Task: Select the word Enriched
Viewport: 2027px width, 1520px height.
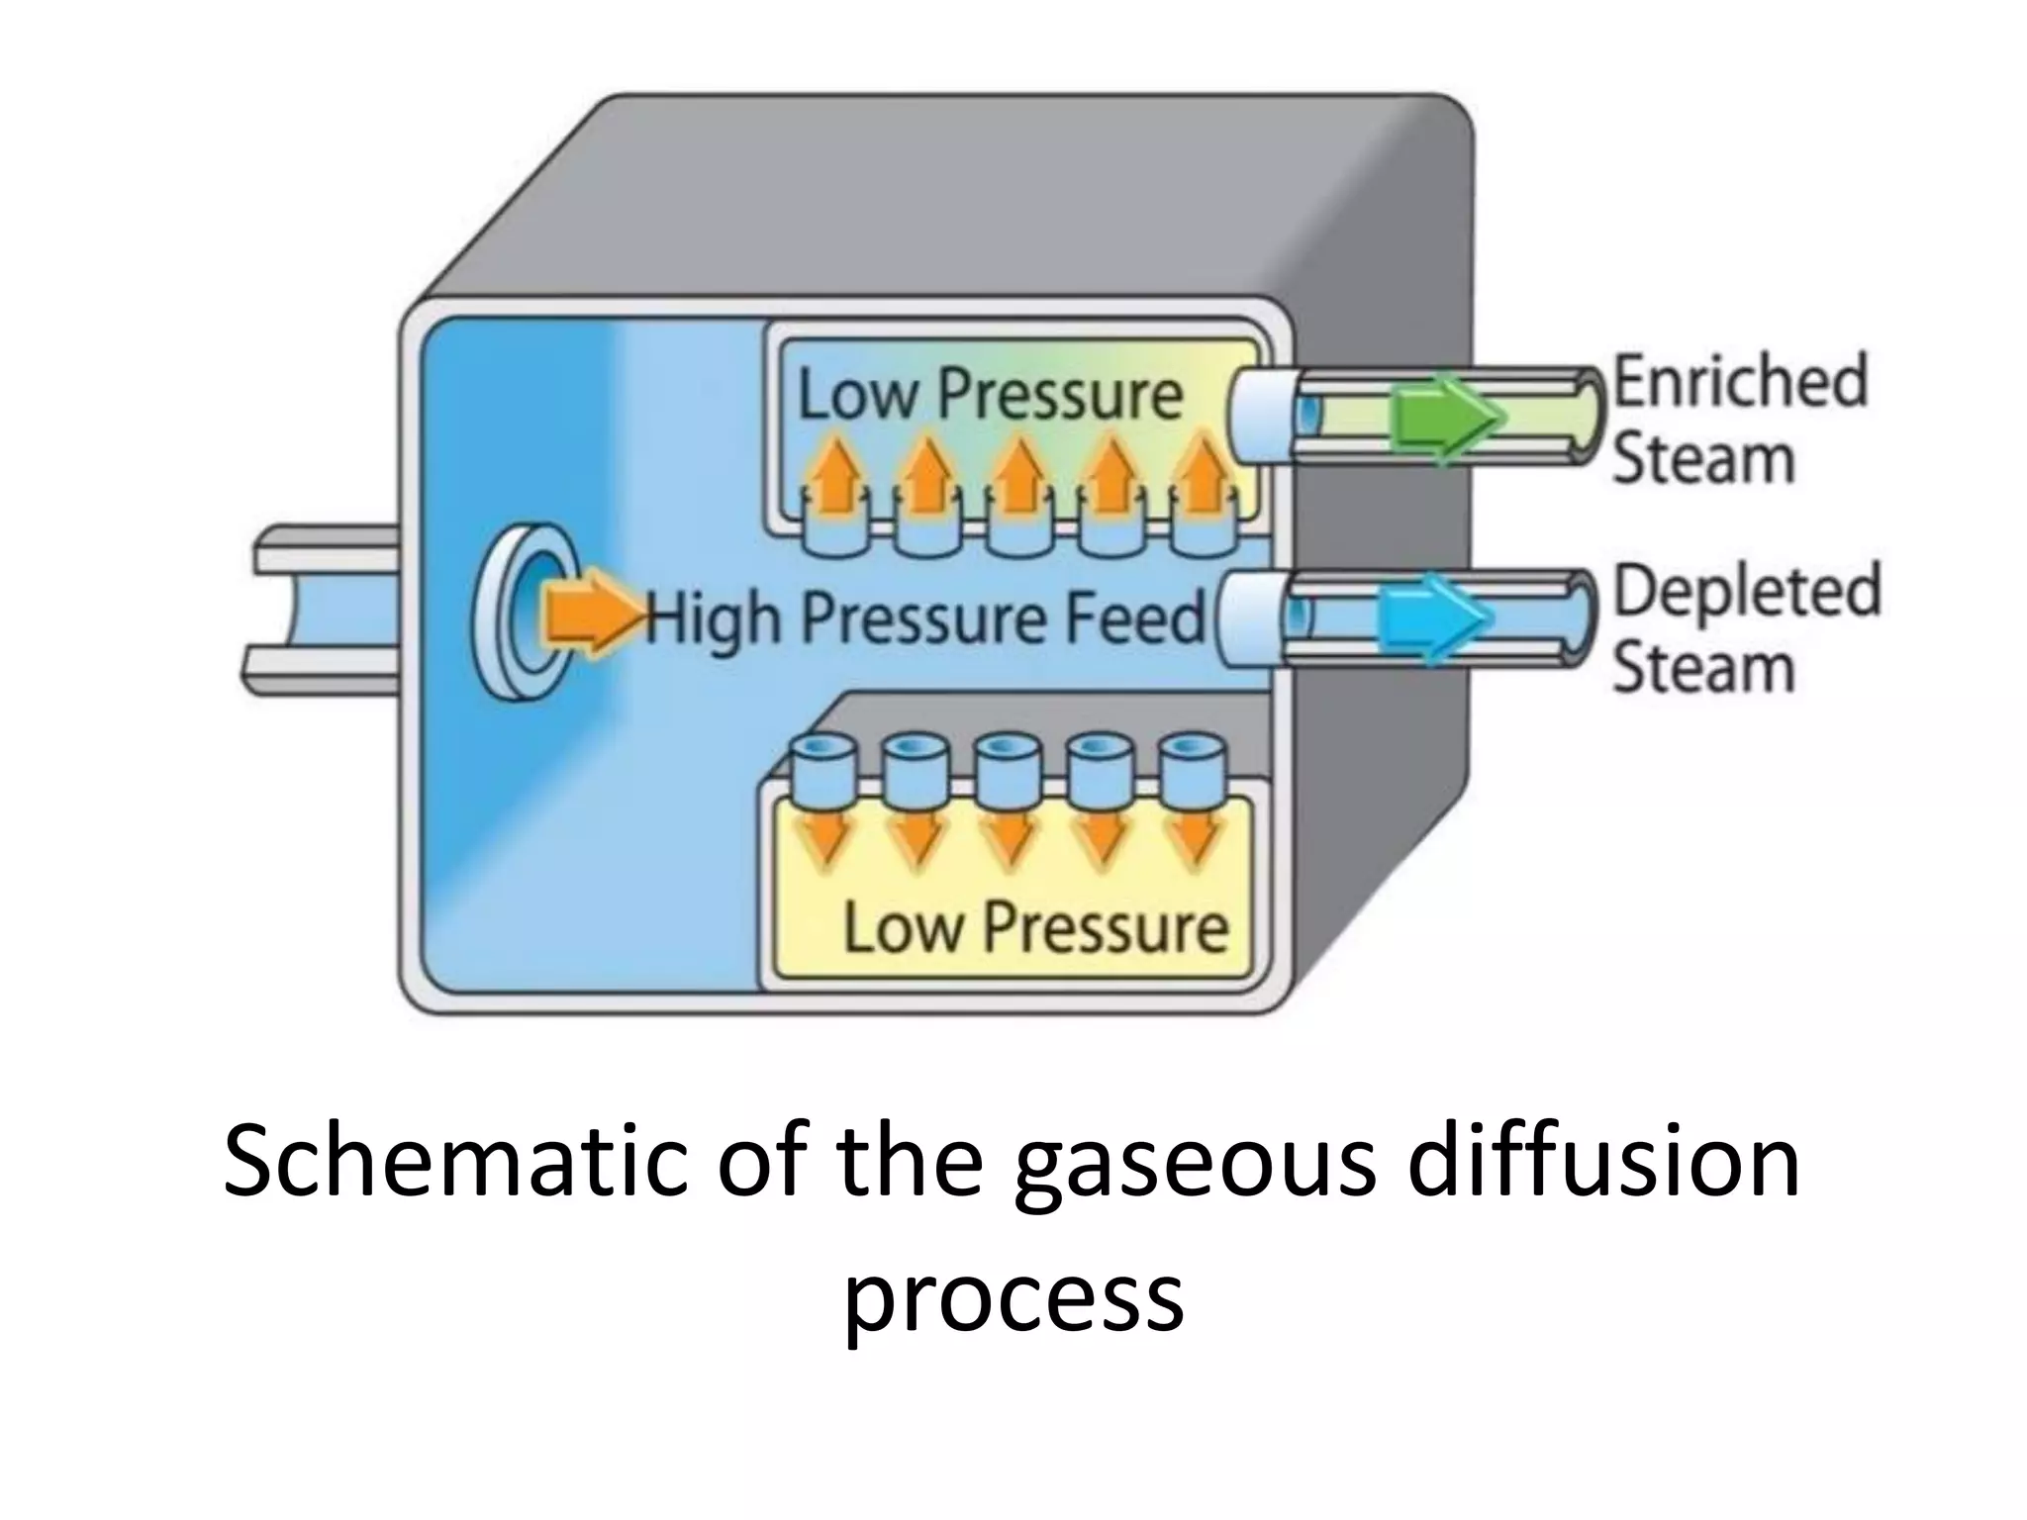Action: pyautogui.click(x=1741, y=380)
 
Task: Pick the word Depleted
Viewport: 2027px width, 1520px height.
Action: pyautogui.click(x=1747, y=593)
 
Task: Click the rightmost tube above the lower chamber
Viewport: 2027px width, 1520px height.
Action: pyautogui.click(x=1187, y=768)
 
